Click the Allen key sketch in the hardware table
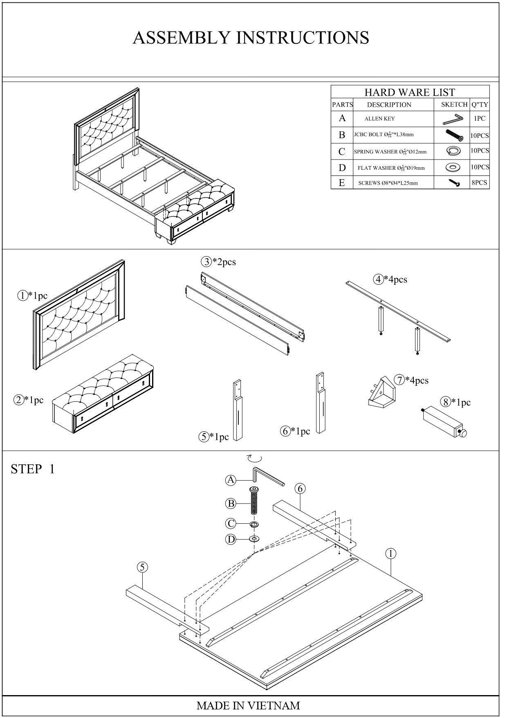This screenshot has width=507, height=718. [x=453, y=119]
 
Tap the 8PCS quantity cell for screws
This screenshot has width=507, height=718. [x=479, y=182]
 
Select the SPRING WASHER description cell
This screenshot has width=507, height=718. [x=390, y=152]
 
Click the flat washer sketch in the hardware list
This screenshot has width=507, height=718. [x=453, y=167]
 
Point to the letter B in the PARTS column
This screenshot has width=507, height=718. [x=342, y=135]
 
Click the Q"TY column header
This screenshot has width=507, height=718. [x=480, y=105]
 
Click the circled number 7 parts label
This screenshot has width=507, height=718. [x=399, y=380]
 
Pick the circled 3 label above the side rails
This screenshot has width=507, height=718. [x=206, y=262]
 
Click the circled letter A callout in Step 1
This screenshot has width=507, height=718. [x=231, y=480]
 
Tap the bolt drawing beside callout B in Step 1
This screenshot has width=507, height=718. [x=254, y=502]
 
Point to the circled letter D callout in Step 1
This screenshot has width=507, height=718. [x=231, y=540]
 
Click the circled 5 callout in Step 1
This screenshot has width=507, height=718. [x=142, y=567]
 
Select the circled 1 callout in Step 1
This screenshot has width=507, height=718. [x=391, y=554]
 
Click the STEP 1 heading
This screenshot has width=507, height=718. [x=33, y=469]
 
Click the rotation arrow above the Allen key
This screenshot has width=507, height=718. [x=255, y=458]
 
